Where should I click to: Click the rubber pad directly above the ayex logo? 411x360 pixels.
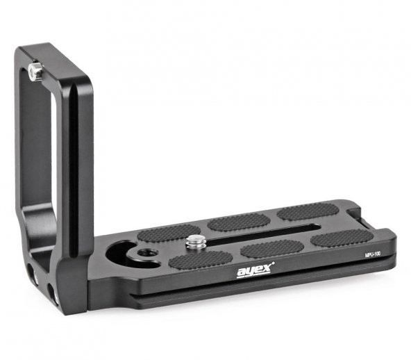coord(200,259)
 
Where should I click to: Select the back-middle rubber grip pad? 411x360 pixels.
coord(238,222)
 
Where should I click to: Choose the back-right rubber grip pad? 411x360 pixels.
coord(308,211)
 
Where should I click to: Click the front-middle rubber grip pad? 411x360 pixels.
coord(272,248)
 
